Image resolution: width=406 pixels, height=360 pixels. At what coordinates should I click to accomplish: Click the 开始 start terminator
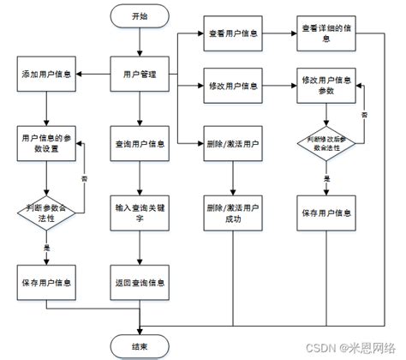[139, 17]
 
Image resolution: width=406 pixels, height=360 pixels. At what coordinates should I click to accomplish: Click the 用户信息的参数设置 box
[46, 142]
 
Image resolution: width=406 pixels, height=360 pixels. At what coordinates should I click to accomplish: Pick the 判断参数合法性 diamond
[46, 213]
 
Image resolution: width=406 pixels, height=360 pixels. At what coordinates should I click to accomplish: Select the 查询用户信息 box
[139, 142]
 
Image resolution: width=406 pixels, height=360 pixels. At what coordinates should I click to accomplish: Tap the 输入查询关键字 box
[139, 213]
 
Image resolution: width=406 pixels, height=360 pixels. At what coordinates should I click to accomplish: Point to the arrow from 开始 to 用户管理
[139, 42]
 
